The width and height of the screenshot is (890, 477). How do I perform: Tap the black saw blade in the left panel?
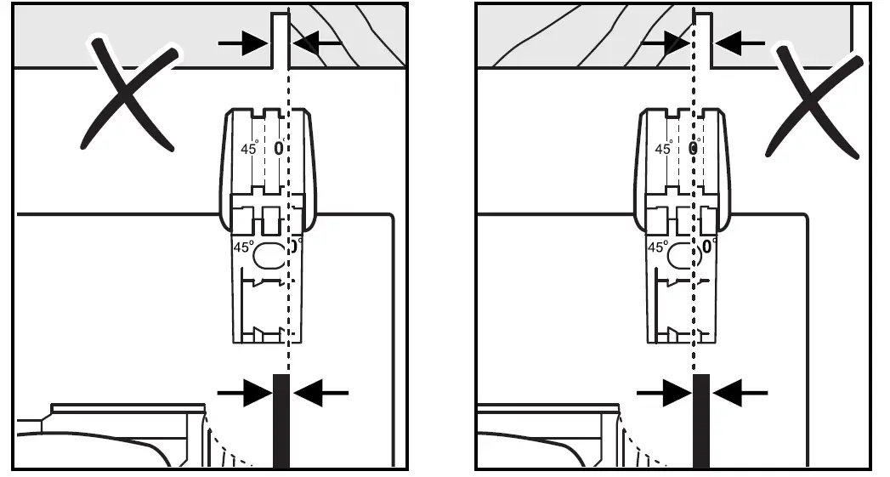coord(281,420)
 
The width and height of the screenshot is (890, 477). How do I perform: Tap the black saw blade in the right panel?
coord(700,420)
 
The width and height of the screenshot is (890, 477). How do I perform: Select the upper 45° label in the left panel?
coord(250,148)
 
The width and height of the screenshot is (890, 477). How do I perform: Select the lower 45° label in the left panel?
coord(243,247)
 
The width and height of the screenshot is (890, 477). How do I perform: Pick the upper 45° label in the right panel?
coord(664,149)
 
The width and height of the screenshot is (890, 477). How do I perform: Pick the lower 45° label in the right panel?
coord(657,247)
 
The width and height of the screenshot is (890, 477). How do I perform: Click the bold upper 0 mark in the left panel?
coord(277,148)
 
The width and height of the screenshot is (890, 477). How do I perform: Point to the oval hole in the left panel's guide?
coord(270,254)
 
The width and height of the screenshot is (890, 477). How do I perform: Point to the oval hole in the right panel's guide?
coord(683,254)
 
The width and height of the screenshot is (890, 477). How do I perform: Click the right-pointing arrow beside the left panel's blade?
coord(246,392)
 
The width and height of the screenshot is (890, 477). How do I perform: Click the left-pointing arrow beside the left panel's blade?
coord(320,392)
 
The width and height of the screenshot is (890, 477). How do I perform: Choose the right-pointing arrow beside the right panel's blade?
coord(665,392)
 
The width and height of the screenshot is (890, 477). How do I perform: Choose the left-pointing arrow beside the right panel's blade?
coord(740,392)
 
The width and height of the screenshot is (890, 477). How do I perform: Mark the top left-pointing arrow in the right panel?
coord(736,40)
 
